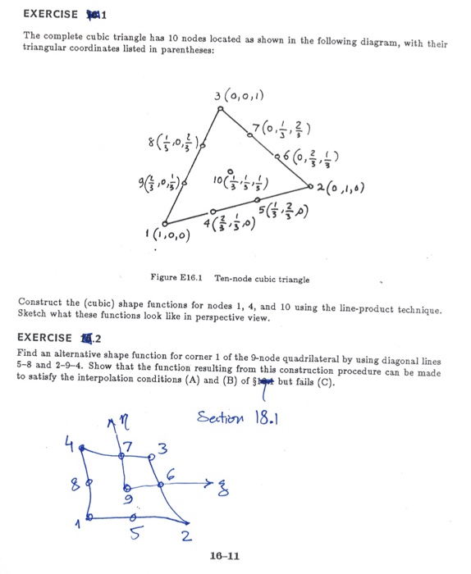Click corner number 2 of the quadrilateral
point(187,538)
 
